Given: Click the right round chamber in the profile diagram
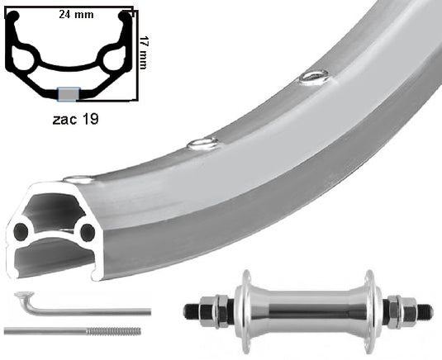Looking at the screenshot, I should (x=111, y=59).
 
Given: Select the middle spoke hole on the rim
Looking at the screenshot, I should (x=202, y=144).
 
